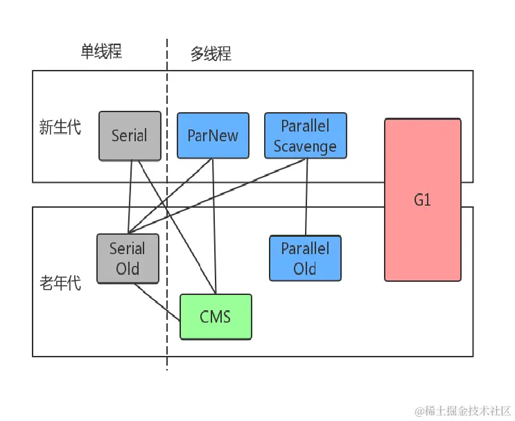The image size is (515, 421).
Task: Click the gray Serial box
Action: (130, 136)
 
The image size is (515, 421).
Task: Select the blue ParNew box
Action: (213, 136)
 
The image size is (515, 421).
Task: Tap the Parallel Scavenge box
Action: (305, 136)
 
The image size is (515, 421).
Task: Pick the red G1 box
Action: (422, 200)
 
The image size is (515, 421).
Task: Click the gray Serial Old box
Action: (128, 258)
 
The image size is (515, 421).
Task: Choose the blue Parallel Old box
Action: (305, 258)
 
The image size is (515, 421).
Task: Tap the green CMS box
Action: (216, 317)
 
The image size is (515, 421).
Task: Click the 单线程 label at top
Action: (101, 53)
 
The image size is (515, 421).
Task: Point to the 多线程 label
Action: (211, 54)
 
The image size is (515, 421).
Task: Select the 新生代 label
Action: (60, 127)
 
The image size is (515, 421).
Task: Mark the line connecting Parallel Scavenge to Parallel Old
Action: (305, 197)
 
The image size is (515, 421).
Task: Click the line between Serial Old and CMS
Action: (158, 301)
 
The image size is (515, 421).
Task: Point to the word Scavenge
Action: (305, 146)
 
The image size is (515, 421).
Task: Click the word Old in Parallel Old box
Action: (305, 269)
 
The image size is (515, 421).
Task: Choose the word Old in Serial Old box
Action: (128, 269)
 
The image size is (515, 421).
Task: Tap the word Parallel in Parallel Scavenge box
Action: (305, 126)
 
